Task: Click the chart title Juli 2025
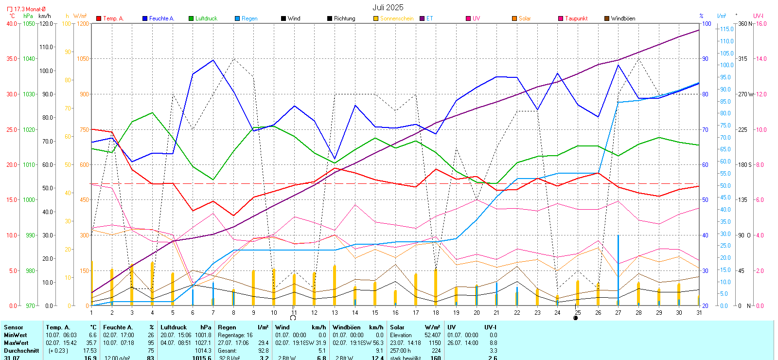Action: (x=388, y=7)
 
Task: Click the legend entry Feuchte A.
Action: (x=161, y=18)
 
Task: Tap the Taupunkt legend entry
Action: (x=576, y=18)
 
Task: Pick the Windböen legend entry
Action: (x=623, y=18)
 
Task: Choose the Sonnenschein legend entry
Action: (x=396, y=18)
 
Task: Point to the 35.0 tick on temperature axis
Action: (x=12, y=59)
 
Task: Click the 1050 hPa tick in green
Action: (x=29, y=23)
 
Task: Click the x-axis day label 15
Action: (x=375, y=313)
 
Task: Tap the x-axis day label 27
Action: (x=618, y=313)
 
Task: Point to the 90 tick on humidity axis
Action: (x=705, y=59)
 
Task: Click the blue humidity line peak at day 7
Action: (x=213, y=60)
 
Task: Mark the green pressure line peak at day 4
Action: (x=152, y=113)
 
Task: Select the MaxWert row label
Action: (x=16, y=343)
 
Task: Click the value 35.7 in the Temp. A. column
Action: (x=91, y=343)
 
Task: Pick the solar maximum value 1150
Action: (x=435, y=343)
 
